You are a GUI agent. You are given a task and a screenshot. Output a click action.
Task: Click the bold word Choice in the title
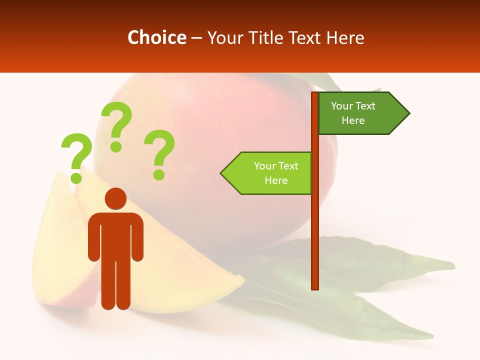[156, 37]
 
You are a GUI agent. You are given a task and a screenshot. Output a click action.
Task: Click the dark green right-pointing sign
[360, 113]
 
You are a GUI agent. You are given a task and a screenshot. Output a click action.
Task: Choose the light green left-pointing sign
[270, 173]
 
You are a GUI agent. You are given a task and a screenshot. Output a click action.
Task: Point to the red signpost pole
[315, 225]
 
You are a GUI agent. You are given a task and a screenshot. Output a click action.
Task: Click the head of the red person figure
[115, 198]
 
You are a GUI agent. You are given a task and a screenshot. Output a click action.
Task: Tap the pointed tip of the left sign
[222, 173]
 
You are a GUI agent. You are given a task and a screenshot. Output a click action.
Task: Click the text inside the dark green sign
[353, 113]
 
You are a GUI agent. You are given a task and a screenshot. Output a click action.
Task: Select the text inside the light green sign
[276, 173]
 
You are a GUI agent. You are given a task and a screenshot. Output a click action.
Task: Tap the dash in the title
[197, 38]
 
